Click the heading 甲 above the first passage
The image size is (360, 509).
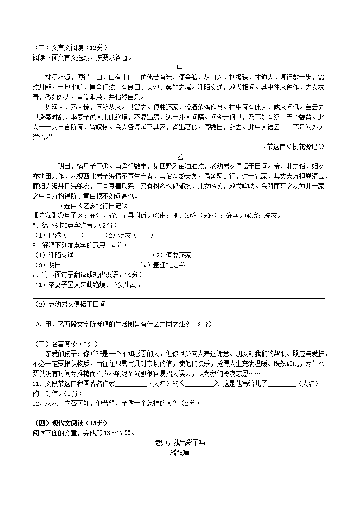[x=180, y=68]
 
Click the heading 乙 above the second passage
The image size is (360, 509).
[x=180, y=156]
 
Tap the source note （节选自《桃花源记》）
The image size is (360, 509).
[x=294, y=146]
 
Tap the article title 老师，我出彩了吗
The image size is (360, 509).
[x=180, y=442]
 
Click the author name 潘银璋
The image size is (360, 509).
[x=180, y=452]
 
